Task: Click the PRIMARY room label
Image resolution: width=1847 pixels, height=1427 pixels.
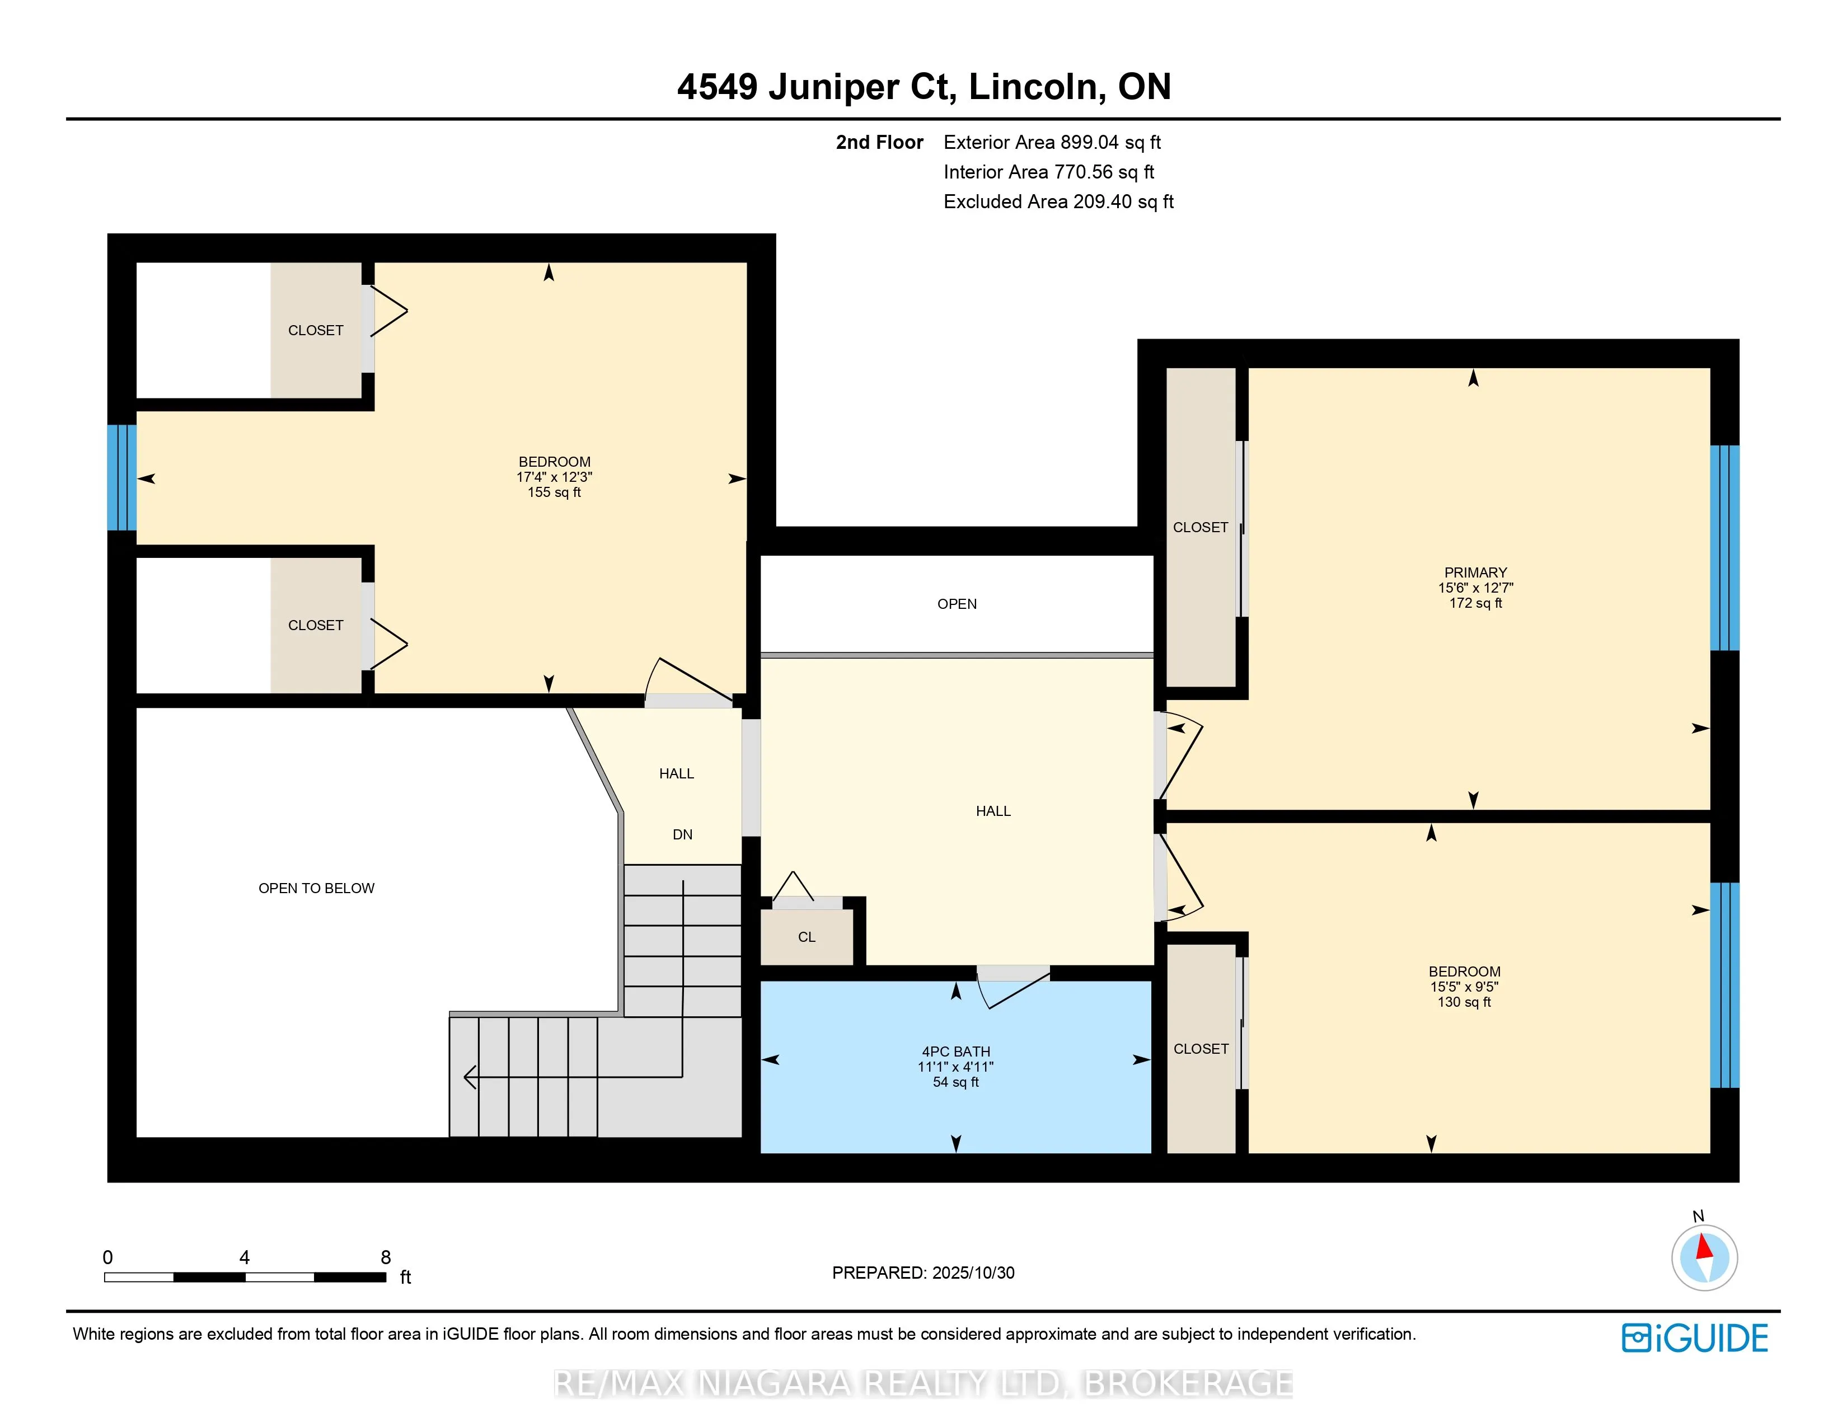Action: (x=1475, y=572)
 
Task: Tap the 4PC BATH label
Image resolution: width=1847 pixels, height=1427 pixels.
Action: (x=955, y=1051)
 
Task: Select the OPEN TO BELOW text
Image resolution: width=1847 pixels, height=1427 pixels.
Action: (x=316, y=888)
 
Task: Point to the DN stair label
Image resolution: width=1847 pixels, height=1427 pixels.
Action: (x=682, y=834)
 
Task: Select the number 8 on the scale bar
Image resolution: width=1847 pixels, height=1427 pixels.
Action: (x=386, y=1257)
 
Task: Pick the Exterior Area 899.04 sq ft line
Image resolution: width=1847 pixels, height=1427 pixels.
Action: (x=1052, y=142)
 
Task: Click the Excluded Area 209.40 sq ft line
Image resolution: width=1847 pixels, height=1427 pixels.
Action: (x=1058, y=201)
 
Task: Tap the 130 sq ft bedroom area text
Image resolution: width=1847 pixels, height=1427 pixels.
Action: (x=1464, y=1002)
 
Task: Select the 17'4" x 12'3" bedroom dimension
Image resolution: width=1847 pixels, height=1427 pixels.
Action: (x=554, y=477)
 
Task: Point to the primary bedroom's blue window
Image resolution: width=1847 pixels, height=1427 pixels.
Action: (x=1724, y=548)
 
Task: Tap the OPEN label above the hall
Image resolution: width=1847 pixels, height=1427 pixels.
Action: (x=957, y=604)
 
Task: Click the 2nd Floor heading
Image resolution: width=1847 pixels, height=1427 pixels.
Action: (x=879, y=142)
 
